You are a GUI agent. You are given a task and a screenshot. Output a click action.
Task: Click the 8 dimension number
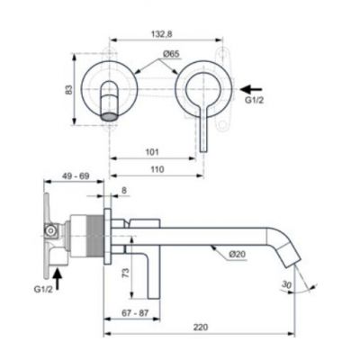pyautogui.click(x=123, y=192)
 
